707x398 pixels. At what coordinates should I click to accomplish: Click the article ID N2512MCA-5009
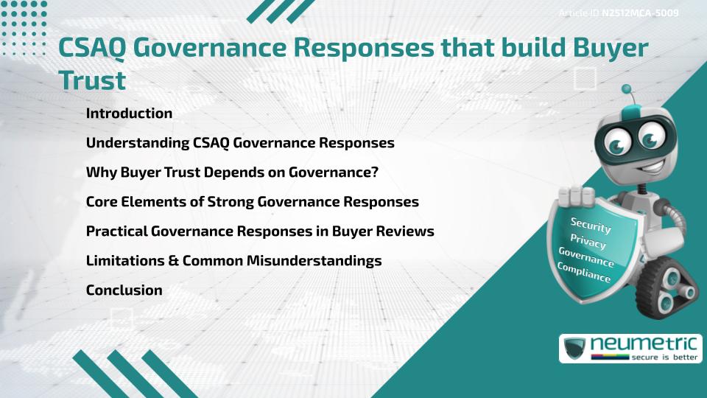pos(639,13)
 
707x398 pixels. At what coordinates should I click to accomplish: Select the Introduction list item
pos(129,114)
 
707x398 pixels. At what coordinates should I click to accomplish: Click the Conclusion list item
pos(124,290)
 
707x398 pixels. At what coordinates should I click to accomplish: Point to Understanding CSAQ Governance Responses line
pos(240,143)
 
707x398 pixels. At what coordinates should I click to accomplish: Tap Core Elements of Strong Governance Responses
pos(252,202)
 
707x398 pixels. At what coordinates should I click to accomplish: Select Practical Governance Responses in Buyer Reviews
pos(260,231)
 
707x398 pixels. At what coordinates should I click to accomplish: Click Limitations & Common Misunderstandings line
pos(233,261)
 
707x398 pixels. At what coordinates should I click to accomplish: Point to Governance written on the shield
pos(585,257)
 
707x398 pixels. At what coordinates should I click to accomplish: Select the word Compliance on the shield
pos(584,273)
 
